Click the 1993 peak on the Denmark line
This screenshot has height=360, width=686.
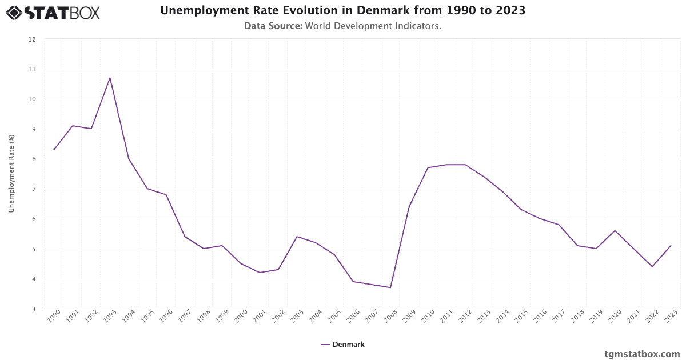(x=110, y=78)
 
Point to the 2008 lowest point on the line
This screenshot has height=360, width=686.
(x=390, y=287)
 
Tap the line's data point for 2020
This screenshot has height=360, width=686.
(x=615, y=230)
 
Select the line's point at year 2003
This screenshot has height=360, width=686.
(x=297, y=237)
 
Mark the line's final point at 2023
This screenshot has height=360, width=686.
(x=671, y=246)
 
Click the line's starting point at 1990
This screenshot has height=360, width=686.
(x=54, y=150)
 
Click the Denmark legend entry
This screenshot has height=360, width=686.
(x=342, y=345)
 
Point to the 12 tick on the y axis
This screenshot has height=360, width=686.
(x=32, y=39)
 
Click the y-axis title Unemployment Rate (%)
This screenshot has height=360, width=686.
(x=11, y=174)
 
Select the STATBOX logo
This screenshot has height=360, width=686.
(x=53, y=13)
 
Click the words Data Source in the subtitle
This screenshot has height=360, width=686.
(x=273, y=26)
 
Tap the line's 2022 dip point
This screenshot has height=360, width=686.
(x=652, y=267)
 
